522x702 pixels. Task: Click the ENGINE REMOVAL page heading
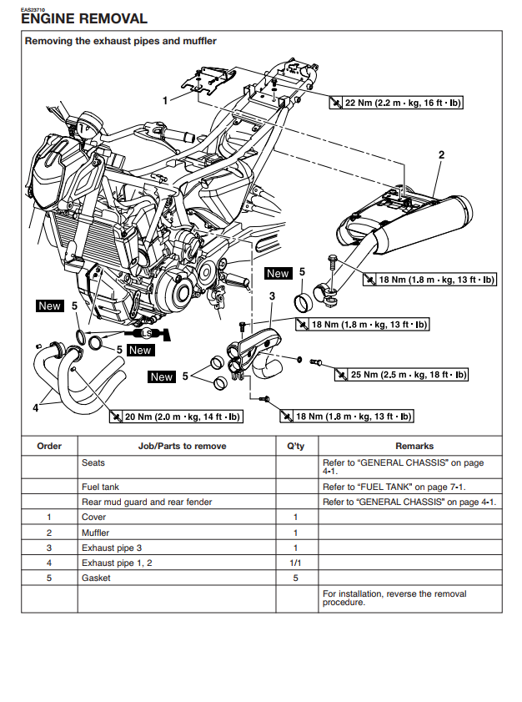(x=83, y=18)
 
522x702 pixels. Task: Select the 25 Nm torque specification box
(x=401, y=375)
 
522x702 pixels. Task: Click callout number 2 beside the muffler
(x=441, y=154)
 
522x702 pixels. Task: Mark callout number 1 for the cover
(x=165, y=99)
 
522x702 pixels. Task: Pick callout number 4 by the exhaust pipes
(x=35, y=408)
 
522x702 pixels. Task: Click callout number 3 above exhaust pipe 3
(x=272, y=295)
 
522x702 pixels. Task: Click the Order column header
(x=49, y=446)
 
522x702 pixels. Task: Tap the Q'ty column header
(x=296, y=446)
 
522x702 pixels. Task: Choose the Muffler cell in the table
(x=95, y=533)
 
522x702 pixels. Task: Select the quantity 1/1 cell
(x=296, y=563)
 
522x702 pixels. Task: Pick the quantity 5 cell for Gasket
(x=296, y=578)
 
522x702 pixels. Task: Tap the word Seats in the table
(x=93, y=462)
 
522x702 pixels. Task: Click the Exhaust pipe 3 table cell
(x=112, y=548)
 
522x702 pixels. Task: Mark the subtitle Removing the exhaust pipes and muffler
(x=120, y=40)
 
